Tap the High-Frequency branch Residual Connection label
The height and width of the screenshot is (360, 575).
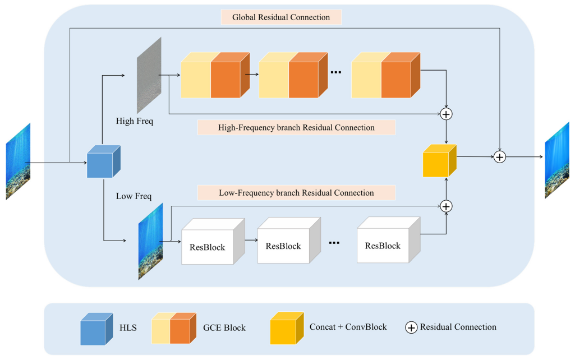pyautogui.click(x=296, y=128)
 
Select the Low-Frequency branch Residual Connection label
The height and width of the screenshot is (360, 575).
pyautogui.click(x=296, y=193)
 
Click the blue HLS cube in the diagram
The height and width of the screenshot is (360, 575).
pyautogui.click(x=103, y=162)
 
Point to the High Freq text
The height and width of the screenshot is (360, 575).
pyautogui.click(x=135, y=121)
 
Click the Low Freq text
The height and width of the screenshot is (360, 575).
pyautogui.click(x=134, y=196)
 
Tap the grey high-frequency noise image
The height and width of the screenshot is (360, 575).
pyautogui.click(x=148, y=75)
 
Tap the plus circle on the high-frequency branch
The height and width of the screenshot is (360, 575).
pyautogui.click(x=447, y=114)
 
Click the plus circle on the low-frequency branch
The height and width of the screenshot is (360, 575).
pyautogui.click(x=447, y=206)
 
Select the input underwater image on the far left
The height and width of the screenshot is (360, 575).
pyautogui.click(x=18, y=161)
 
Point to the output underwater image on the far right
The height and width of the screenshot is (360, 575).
pyautogui.click(x=556, y=160)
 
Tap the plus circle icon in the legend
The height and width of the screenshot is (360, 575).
pyautogui.click(x=412, y=327)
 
